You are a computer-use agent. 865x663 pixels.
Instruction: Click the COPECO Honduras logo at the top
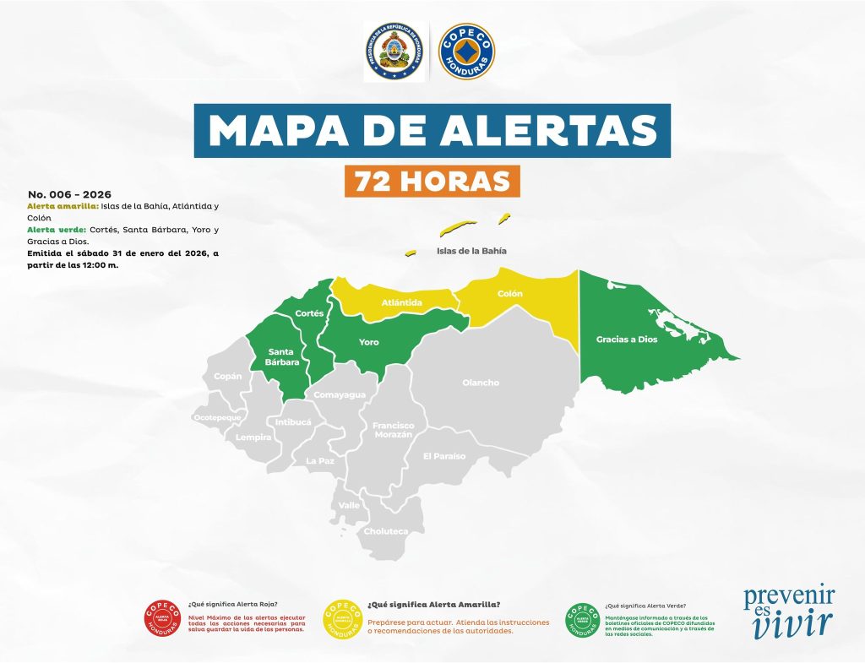[467, 52]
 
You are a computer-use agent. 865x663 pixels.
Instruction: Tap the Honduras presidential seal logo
[395, 52]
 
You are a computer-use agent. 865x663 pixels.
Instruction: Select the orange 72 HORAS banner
[432, 181]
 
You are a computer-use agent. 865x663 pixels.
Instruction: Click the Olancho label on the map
[481, 383]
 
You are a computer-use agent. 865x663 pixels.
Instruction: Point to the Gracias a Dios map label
[626, 340]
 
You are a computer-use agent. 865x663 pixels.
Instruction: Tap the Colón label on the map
[510, 294]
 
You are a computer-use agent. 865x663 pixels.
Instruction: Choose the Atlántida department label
[401, 302]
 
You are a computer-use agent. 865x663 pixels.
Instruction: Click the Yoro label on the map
[368, 342]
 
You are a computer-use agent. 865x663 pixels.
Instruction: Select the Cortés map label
[309, 313]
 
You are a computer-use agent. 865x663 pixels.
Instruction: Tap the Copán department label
[228, 376]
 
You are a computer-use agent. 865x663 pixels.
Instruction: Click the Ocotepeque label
[217, 417]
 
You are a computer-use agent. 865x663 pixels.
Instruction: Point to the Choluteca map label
[385, 531]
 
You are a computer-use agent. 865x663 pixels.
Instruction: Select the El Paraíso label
[444, 456]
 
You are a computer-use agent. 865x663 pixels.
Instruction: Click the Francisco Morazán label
[394, 429]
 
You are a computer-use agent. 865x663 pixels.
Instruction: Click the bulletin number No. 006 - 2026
[69, 194]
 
